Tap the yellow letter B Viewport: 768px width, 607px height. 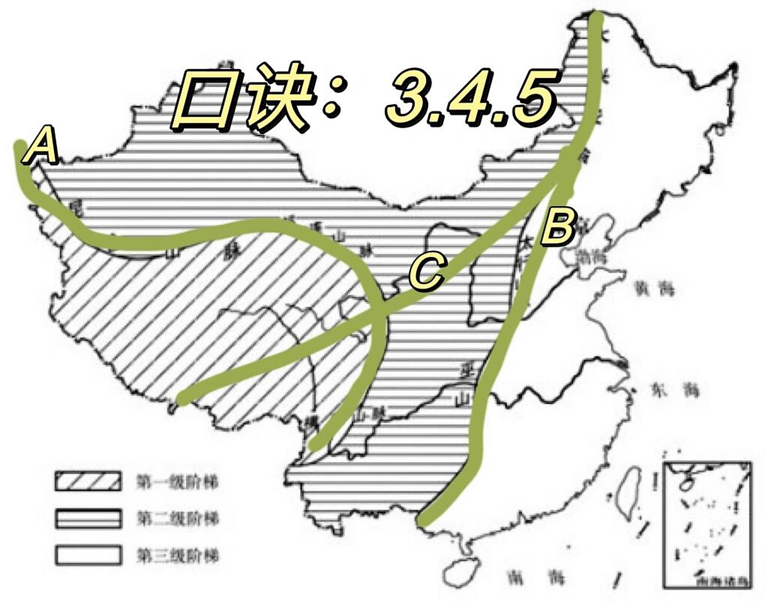coord(559,227)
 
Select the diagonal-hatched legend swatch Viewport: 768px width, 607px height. coord(87,481)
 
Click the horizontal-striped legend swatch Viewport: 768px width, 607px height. coord(87,518)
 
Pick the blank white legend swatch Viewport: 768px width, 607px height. coord(87,554)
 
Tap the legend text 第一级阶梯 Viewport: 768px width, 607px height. coord(178,482)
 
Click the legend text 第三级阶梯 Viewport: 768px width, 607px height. coord(178,555)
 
